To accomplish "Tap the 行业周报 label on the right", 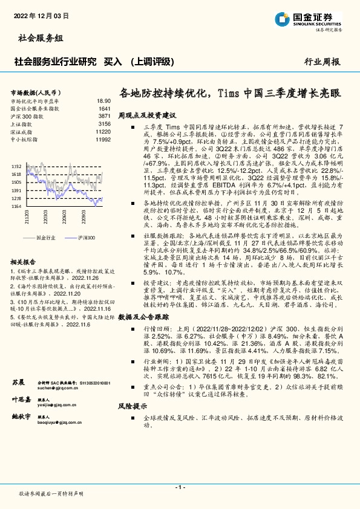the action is pos(322,61).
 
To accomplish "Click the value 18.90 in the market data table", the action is pos(103,101).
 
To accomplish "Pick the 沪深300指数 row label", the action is pos(26,115).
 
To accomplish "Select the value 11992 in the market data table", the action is pos(103,138).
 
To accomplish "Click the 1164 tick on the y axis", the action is pos(16,206).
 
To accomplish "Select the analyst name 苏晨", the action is pos(18,383).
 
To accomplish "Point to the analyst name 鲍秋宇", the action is pos(21,417).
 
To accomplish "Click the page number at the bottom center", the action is pos(180,487).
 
